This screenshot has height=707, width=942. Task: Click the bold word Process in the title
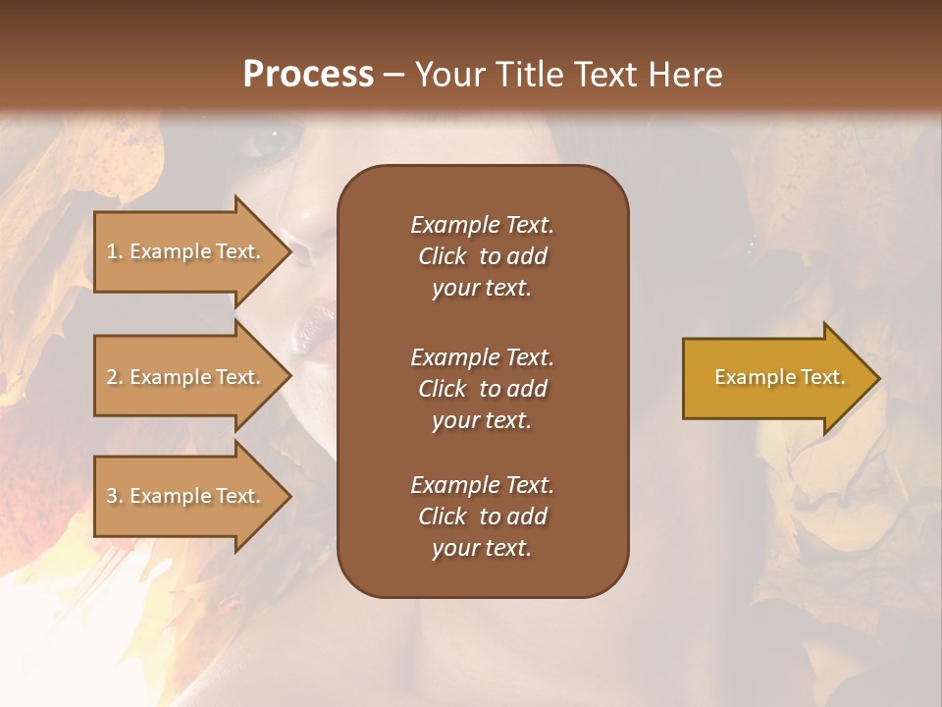point(308,75)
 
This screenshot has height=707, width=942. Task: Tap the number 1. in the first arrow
point(115,252)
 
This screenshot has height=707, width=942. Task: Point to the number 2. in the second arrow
point(115,378)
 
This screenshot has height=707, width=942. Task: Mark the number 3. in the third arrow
point(115,497)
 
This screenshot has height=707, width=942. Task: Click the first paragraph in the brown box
point(482,256)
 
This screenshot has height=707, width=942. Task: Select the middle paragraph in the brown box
point(482,389)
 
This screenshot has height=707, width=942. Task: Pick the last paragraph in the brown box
point(482,517)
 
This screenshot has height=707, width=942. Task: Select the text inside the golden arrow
point(779,377)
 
